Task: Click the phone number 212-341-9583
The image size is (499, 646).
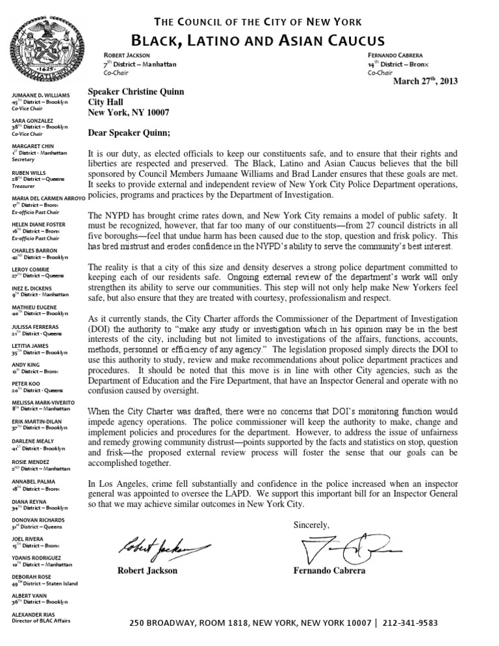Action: pos(411,623)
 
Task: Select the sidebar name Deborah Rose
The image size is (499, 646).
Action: pos(32,576)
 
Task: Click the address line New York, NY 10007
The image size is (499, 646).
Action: pos(129,112)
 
